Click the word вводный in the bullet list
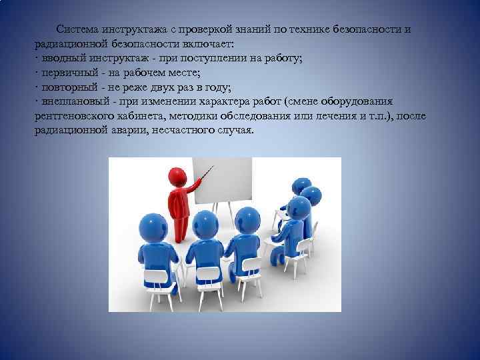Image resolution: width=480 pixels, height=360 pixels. (x=60, y=59)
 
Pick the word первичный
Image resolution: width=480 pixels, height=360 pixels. (x=66, y=73)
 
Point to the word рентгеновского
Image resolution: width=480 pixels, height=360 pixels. (x=73, y=117)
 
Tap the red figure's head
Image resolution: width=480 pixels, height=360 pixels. (x=177, y=177)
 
